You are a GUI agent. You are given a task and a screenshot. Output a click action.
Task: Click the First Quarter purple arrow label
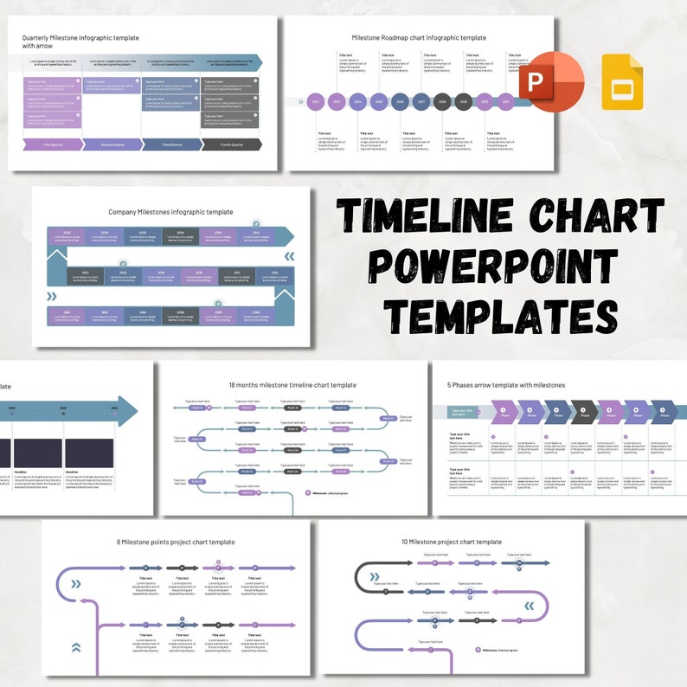click(52, 144)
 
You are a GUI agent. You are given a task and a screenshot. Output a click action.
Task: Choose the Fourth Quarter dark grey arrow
click(231, 144)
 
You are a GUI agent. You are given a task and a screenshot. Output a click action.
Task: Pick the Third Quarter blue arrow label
click(171, 144)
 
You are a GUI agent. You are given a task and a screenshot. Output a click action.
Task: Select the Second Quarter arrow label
click(112, 144)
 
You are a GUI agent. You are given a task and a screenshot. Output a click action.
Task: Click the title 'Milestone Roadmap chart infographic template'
click(419, 38)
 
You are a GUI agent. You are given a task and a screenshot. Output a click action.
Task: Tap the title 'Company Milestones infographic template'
click(170, 211)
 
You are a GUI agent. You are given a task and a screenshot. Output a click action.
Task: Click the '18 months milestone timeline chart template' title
click(292, 385)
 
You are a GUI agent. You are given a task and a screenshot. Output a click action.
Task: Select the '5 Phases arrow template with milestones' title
click(505, 385)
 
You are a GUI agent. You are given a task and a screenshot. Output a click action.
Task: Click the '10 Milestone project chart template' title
click(452, 542)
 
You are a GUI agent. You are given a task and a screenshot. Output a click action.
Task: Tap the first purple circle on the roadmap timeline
click(316, 102)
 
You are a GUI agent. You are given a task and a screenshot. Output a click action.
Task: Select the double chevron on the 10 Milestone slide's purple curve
click(529, 606)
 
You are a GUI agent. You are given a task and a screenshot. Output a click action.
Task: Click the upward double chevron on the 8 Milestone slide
click(76, 646)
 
